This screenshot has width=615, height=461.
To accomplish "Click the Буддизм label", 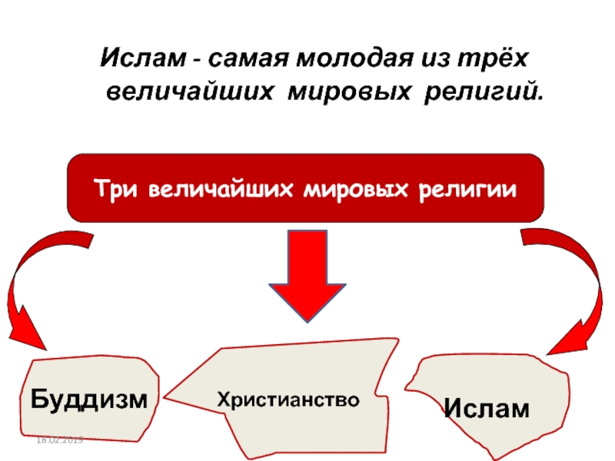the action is tap(88, 400).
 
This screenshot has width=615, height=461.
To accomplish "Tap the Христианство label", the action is tap(288, 400).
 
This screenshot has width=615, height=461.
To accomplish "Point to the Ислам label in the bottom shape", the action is tap(486, 408).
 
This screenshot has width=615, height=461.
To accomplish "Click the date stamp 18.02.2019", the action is tap(59, 439).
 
